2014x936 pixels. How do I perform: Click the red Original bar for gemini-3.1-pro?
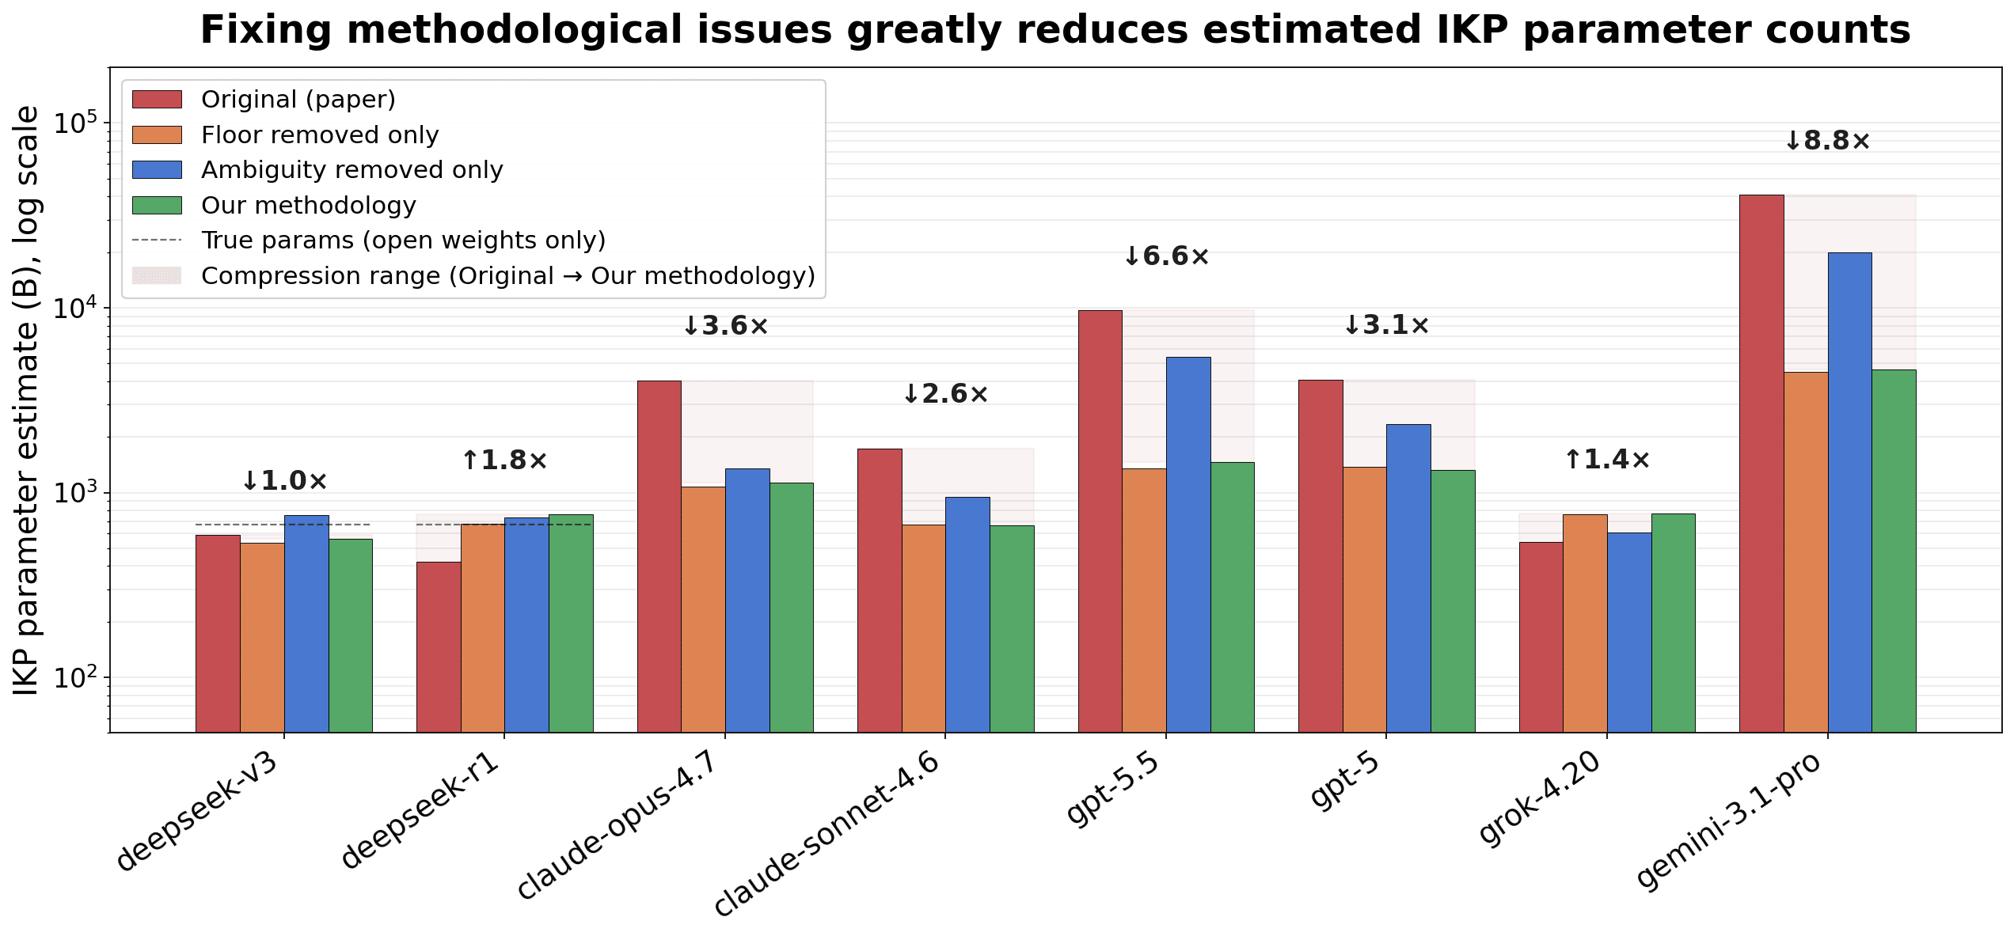point(1761,464)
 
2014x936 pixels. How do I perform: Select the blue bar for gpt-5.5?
point(1188,545)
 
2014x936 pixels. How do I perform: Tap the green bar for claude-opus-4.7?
point(792,608)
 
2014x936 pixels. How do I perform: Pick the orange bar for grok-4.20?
point(1585,623)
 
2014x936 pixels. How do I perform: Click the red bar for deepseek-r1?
point(439,647)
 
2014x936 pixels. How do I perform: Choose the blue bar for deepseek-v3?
point(306,624)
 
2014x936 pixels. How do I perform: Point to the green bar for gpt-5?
point(1453,601)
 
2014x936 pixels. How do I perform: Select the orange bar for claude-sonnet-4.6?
point(924,629)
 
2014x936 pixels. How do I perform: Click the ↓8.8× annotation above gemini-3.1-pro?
point(1827,141)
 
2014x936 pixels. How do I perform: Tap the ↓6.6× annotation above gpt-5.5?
point(1166,256)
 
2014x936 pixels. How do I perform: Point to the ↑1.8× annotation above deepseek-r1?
point(504,460)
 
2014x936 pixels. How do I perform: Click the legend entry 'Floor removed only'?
point(320,135)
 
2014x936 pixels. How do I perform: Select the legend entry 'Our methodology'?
point(309,205)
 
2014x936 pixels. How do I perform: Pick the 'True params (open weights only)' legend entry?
point(404,240)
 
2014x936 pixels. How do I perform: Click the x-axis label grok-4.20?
point(1540,798)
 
